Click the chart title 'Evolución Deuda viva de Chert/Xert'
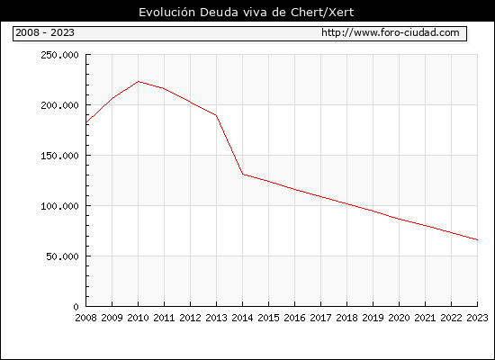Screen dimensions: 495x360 (246, 12)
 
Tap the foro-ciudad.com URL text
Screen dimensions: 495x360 (391, 32)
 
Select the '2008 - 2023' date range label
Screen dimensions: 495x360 (45, 32)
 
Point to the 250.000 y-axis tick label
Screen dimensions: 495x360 (59, 55)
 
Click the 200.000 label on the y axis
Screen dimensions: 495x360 (59, 105)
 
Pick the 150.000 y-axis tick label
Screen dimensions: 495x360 (59, 156)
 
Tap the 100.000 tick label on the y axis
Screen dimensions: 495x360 (59, 206)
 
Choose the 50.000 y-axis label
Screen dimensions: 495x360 (62, 256)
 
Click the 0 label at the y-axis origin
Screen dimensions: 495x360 (76, 307)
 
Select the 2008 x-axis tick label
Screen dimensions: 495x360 (85, 318)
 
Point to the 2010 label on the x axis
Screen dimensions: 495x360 (138, 318)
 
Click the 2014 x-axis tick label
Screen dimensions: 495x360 (242, 318)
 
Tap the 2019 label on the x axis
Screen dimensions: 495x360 (373, 318)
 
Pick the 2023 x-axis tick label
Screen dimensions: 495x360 (477, 318)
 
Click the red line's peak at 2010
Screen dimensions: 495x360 (139, 82)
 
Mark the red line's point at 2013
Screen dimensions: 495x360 (216, 115)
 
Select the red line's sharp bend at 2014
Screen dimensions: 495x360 (242, 174)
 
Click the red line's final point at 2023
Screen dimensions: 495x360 (477, 240)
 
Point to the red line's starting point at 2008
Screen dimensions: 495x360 (86, 122)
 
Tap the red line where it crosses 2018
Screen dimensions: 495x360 (346, 203)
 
